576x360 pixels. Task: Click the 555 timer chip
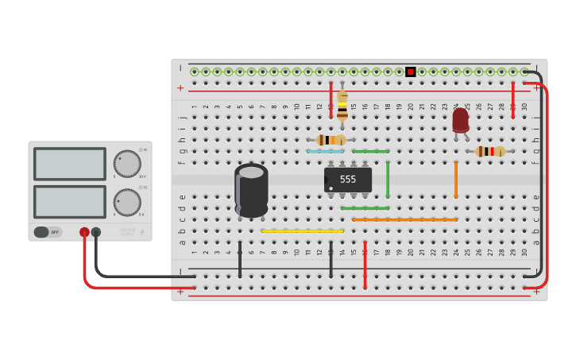[x=348, y=179]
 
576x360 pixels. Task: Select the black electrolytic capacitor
[x=251, y=191]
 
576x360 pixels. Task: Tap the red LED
[x=460, y=120]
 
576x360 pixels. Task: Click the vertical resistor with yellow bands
[x=342, y=106]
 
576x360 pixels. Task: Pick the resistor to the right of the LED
[x=489, y=151]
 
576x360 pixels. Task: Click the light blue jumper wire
[x=326, y=151]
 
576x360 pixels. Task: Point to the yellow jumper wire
[x=303, y=231]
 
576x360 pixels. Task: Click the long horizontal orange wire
[x=405, y=219]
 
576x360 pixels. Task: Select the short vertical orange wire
[x=456, y=179]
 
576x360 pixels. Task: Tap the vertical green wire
[x=388, y=179]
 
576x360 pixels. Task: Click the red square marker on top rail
[x=411, y=72]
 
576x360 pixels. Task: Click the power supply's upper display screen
[x=69, y=164]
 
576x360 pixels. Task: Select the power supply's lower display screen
[x=69, y=202]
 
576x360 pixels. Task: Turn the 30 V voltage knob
[x=126, y=164]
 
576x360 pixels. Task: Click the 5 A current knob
[x=126, y=202]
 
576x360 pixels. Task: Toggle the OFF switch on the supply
[x=47, y=232]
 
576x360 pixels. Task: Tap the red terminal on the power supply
[x=84, y=232]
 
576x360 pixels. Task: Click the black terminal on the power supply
[x=96, y=232]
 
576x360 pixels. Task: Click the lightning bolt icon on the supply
[x=142, y=232]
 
